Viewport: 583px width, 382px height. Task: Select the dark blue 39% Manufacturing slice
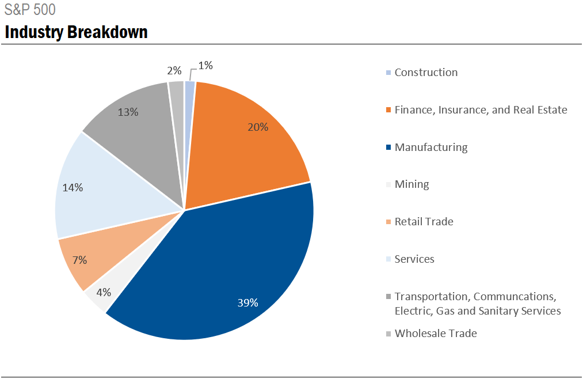coord(230,271)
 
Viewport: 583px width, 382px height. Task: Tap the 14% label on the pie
coord(73,187)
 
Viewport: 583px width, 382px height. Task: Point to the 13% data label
coord(128,112)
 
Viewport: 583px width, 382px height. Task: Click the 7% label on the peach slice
coord(79,260)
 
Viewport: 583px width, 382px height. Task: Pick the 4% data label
coord(104,292)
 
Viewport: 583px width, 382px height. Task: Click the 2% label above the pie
coord(174,71)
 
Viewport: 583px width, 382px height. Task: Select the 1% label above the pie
coord(205,66)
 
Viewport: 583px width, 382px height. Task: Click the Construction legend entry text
coord(426,73)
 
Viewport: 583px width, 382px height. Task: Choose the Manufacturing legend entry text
coord(431,147)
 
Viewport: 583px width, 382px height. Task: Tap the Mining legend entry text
coord(411,184)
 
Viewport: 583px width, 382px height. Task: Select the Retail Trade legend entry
coord(424,222)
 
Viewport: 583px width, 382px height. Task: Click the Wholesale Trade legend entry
coord(436,334)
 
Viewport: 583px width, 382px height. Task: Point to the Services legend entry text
coord(414,259)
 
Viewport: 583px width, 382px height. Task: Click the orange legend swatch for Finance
coord(389,110)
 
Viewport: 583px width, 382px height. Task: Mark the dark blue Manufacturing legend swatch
coord(389,147)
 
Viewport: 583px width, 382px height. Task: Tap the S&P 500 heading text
coord(30,10)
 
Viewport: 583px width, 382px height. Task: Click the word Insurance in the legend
coord(460,110)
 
